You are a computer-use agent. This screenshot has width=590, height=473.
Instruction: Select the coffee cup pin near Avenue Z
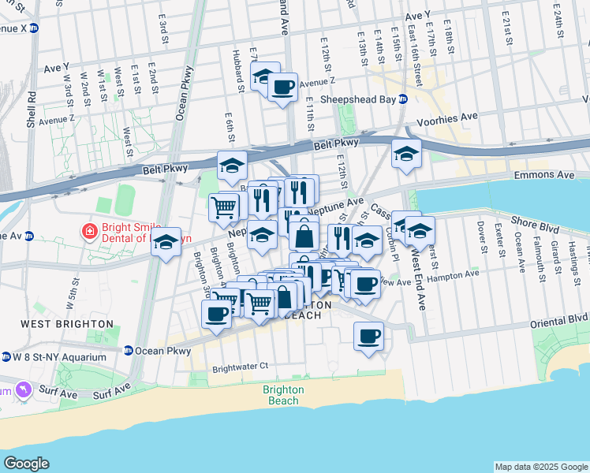tap(282, 86)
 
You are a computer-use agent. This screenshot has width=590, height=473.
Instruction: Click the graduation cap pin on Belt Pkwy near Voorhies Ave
tap(406, 153)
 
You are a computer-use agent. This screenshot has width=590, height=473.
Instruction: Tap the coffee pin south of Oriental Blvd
tap(368, 337)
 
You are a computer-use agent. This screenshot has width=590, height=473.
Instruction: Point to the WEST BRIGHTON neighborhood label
tap(67, 324)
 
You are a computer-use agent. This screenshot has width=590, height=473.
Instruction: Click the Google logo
tap(26, 464)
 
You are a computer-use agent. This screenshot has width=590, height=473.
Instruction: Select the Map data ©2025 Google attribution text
tap(540, 467)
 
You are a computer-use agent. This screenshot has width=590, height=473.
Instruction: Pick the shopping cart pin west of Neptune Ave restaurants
tap(224, 207)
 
